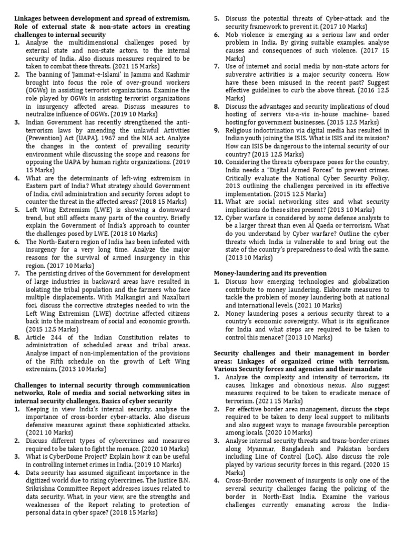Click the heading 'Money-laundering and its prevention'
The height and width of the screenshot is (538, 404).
pyautogui.click(x=270, y=274)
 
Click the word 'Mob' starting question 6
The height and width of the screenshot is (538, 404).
pyautogui.click(x=233, y=35)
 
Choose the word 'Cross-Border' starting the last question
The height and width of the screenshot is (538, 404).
pyautogui.click(x=245, y=481)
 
